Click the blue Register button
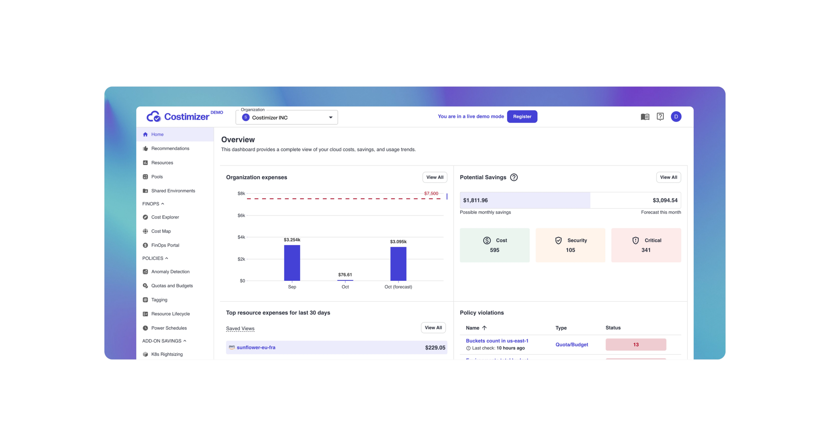click(x=522, y=116)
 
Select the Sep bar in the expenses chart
click(x=292, y=263)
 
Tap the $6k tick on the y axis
click(x=241, y=215)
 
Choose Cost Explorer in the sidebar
click(x=165, y=217)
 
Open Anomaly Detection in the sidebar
click(x=170, y=272)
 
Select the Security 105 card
click(x=570, y=245)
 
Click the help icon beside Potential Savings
click(x=514, y=177)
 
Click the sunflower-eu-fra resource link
click(x=256, y=347)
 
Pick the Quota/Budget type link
click(x=572, y=344)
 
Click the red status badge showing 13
click(x=635, y=344)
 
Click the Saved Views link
click(x=240, y=328)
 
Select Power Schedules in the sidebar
click(x=169, y=328)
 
